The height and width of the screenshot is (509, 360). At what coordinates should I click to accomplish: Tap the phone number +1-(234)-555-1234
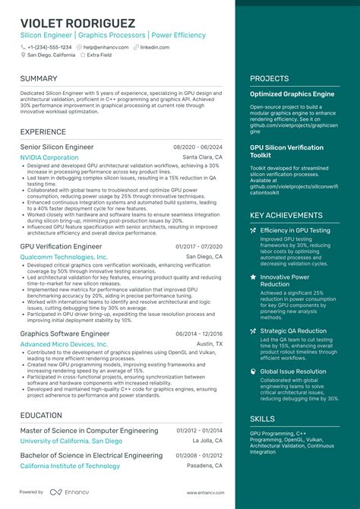pyautogui.click(x=50, y=46)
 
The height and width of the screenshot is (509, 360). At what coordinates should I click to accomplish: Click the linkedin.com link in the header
pyautogui.click(x=154, y=46)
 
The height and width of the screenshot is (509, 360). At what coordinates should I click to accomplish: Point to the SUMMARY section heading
pyautogui.click(x=39, y=78)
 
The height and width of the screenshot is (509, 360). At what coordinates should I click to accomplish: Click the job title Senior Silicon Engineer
pyautogui.click(x=57, y=147)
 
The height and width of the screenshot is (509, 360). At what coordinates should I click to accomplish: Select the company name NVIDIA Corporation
pyautogui.click(x=49, y=157)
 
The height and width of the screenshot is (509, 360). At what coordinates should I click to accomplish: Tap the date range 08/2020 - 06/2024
pyautogui.click(x=197, y=147)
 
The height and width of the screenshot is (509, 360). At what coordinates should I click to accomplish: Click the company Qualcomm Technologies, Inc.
pyautogui.click(x=64, y=258)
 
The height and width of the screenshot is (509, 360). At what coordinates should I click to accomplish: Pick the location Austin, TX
pyautogui.click(x=210, y=344)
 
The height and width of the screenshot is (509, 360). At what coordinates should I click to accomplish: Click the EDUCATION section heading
pyautogui.click(x=41, y=416)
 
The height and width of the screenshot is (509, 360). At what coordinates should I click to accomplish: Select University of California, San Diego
pyautogui.click(x=71, y=441)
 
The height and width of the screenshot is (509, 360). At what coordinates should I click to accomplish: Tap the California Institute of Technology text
pyautogui.click(x=70, y=466)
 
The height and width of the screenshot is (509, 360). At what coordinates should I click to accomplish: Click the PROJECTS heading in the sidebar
pyautogui.click(x=270, y=78)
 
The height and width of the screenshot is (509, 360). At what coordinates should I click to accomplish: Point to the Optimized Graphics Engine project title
pyautogui.click(x=292, y=94)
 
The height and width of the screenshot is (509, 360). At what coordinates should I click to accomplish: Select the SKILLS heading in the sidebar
pyautogui.click(x=263, y=419)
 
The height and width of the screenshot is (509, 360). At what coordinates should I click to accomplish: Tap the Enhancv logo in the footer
pyautogui.click(x=66, y=492)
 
